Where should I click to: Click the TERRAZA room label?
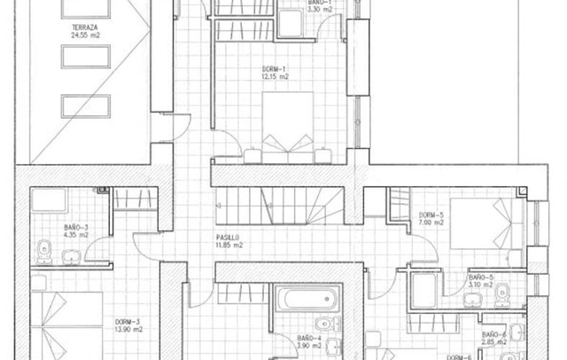pos(86,27)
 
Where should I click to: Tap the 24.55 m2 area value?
pos(86,35)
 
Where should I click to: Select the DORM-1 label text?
pos(275,68)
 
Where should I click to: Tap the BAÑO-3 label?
pos(75,228)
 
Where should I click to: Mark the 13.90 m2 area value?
pos(128,329)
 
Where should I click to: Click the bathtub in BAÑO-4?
pos(307,298)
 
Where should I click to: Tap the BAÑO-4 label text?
pos(309,338)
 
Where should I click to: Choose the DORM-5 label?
pos(431,215)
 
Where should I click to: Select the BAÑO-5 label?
pos(481,277)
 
